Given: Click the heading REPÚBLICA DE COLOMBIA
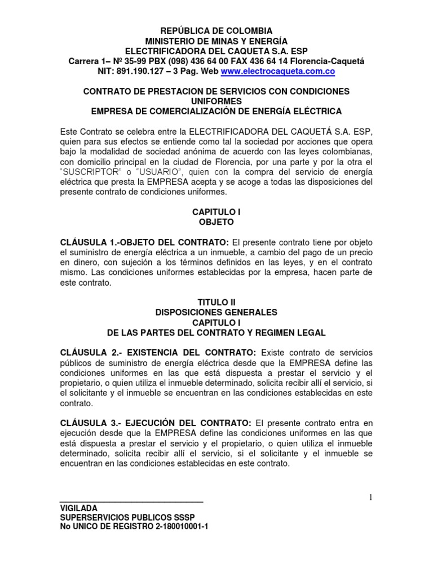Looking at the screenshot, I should (216, 30).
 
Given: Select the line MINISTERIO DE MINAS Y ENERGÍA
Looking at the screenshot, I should (216, 41).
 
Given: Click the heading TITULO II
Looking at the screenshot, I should (216, 303).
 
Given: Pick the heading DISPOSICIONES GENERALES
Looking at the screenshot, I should (216, 312).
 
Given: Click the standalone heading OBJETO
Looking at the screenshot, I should (216, 222).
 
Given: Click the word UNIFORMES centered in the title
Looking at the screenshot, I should (216, 101).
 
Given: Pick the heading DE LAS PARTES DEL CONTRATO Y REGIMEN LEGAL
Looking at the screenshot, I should (216, 332).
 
